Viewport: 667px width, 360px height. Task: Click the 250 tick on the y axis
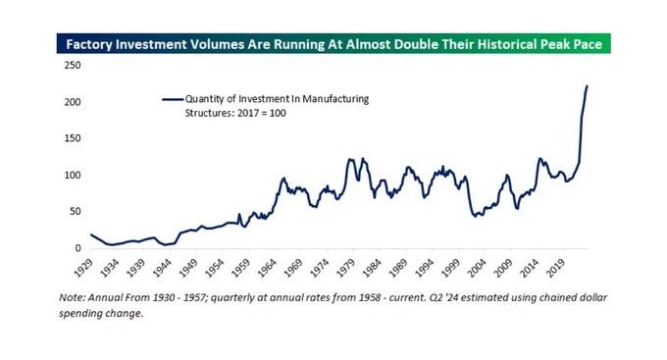pos(71,65)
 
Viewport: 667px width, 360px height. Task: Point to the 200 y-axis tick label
pos(71,102)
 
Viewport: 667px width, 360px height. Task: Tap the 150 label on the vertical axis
pos(71,138)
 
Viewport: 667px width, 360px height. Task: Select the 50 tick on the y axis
pos(74,212)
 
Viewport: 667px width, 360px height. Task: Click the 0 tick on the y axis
pos(77,248)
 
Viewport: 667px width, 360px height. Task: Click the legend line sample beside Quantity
pos(173,99)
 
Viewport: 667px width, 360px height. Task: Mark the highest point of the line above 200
pos(587,86)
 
